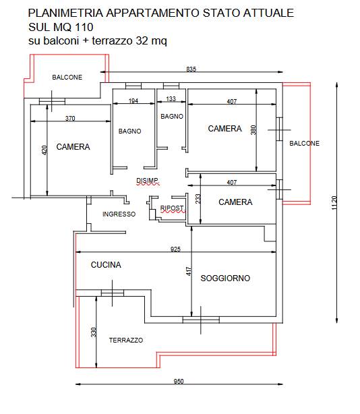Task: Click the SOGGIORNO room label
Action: tap(225, 278)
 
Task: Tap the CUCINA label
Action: tap(106, 265)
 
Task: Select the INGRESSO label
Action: tap(119, 214)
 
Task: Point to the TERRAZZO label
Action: tap(126, 340)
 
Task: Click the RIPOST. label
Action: tap(172, 208)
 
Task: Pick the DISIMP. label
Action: tap(148, 181)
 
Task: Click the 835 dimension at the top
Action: tap(191, 69)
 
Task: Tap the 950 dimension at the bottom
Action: tap(179, 381)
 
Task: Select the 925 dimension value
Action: tap(175, 249)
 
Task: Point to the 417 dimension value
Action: tap(189, 271)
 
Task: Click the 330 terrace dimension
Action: tap(94, 332)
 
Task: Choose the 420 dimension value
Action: tap(44, 150)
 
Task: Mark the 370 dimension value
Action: tap(70, 118)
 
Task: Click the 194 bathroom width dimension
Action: tap(133, 101)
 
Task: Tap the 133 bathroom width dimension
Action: tap(171, 98)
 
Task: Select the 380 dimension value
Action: tap(253, 130)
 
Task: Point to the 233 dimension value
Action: tap(198, 199)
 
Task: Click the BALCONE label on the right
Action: tap(304, 144)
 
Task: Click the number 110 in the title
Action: tap(84, 27)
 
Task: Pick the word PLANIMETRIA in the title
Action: tap(65, 13)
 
